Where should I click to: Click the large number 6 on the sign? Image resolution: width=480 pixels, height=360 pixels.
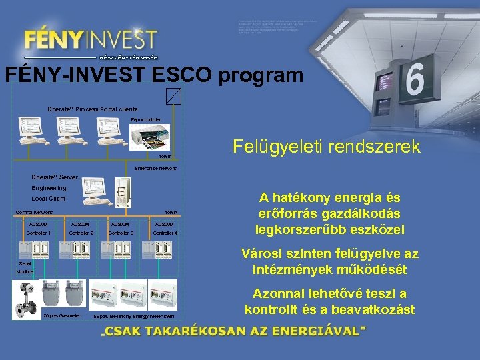[413, 81]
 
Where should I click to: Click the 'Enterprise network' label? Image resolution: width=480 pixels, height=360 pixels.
[155, 169]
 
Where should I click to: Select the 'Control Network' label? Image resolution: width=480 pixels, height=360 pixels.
[34, 213]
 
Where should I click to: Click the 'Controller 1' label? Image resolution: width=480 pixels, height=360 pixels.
[39, 233]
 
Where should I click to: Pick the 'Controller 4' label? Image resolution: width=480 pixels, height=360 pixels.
[165, 233]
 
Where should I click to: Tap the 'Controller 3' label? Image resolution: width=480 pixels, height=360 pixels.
[121, 233]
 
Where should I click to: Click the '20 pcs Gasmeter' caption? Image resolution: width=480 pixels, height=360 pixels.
[61, 315]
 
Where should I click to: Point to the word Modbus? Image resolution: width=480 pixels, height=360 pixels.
[25, 273]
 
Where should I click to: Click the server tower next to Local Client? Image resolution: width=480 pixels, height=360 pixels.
[121, 193]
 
